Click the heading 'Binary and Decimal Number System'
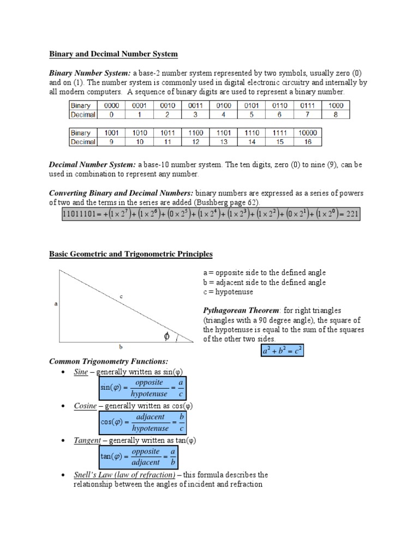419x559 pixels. (113, 54)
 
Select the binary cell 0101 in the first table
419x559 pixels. (252, 105)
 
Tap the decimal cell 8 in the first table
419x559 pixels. (336, 115)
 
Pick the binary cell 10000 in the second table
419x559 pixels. (308, 133)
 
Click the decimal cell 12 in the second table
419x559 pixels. (196, 142)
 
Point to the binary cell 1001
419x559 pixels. (111, 133)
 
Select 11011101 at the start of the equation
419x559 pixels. (79, 214)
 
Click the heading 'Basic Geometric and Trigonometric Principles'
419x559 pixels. (131, 254)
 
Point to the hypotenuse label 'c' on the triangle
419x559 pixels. (121, 296)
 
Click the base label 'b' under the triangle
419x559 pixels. (121, 346)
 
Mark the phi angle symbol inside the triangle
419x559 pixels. (167, 337)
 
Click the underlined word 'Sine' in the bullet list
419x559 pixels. (81, 372)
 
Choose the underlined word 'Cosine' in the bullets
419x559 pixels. (85, 406)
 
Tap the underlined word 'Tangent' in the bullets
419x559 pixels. (87, 441)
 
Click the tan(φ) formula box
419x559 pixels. (138, 457)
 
